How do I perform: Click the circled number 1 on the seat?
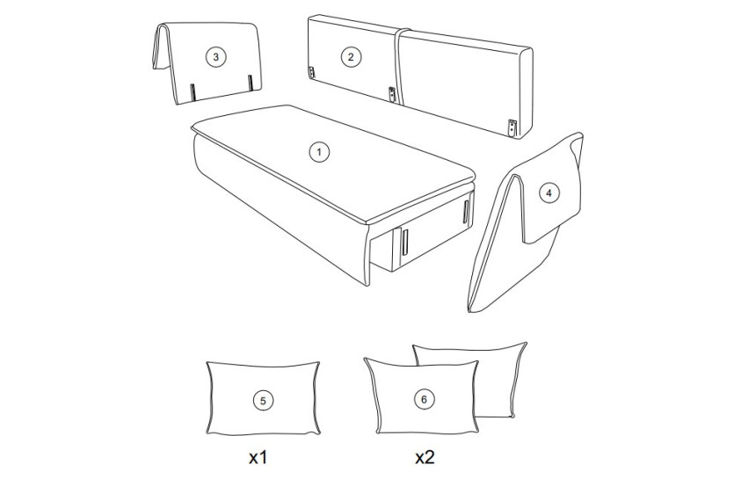[x=319, y=152]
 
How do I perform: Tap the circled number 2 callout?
[x=351, y=57]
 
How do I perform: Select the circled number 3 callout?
[x=215, y=57]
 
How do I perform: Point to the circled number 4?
[x=549, y=194]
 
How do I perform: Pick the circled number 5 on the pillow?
[x=263, y=400]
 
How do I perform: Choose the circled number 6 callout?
[x=425, y=399]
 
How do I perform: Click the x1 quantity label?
[x=258, y=457]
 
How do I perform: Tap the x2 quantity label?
[x=425, y=457]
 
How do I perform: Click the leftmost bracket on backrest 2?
[x=311, y=72]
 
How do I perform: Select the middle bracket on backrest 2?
[x=394, y=95]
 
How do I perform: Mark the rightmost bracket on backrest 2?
[x=512, y=127]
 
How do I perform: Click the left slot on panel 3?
[x=193, y=92]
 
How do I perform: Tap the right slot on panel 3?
[x=251, y=83]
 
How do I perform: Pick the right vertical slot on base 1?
[x=466, y=212]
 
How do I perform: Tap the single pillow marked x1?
[x=263, y=398]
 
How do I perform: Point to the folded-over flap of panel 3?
[x=161, y=47]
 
